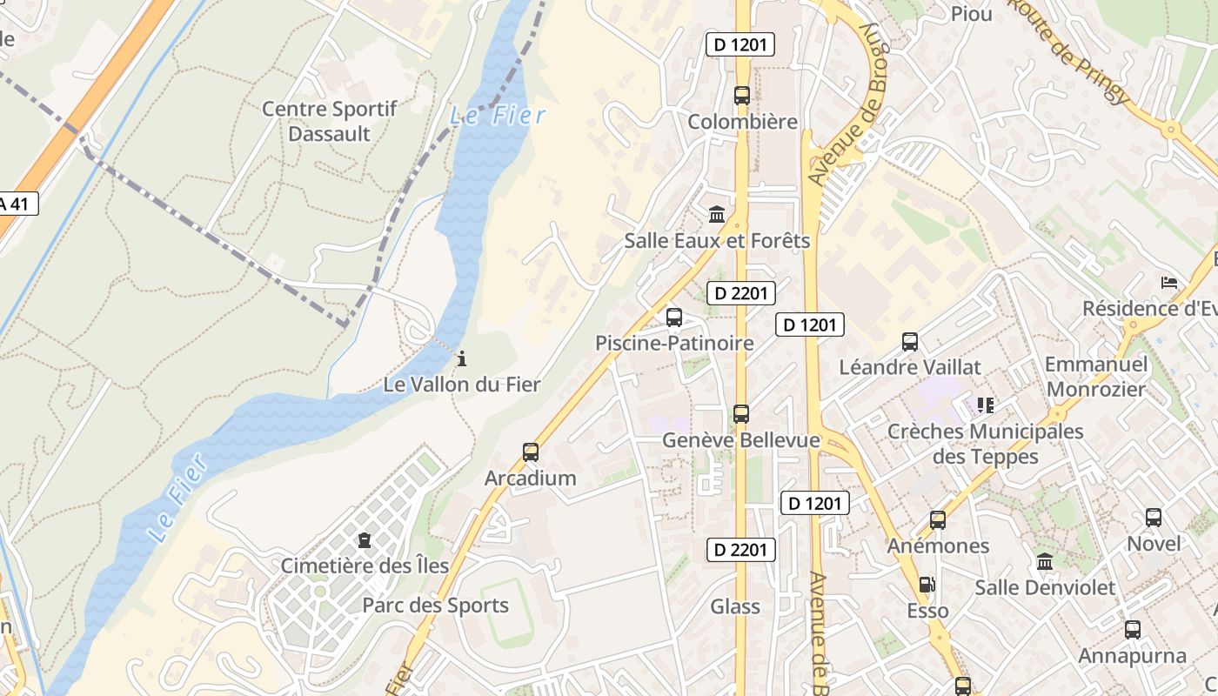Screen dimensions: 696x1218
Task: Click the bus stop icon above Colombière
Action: click(x=741, y=96)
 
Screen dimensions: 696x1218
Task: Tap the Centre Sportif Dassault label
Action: click(x=329, y=122)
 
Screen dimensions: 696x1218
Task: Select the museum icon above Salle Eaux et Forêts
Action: click(x=717, y=214)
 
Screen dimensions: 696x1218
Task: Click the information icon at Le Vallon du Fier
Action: click(x=462, y=358)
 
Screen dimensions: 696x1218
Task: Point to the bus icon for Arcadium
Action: click(x=531, y=452)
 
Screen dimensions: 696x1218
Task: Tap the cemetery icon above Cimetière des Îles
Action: click(x=364, y=541)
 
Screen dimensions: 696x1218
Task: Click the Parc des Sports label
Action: click(x=435, y=606)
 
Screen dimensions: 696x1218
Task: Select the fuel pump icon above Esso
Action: click(x=928, y=586)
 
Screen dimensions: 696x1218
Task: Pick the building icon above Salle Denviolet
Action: click(x=1045, y=562)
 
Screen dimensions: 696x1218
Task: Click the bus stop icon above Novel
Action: click(x=1154, y=518)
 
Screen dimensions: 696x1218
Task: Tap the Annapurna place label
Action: click(x=1132, y=655)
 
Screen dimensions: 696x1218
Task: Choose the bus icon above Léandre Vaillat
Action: click(x=910, y=342)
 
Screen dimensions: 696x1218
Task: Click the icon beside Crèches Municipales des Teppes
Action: click(x=985, y=405)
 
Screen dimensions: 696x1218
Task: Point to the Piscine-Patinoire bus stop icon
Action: click(x=674, y=318)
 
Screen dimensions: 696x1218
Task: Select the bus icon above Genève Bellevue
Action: click(x=741, y=414)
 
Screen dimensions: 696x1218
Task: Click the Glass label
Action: click(x=735, y=606)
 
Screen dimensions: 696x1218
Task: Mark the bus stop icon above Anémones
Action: click(x=938, y=520)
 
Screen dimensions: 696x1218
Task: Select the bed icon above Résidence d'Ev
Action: click(x=1169, y=283)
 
